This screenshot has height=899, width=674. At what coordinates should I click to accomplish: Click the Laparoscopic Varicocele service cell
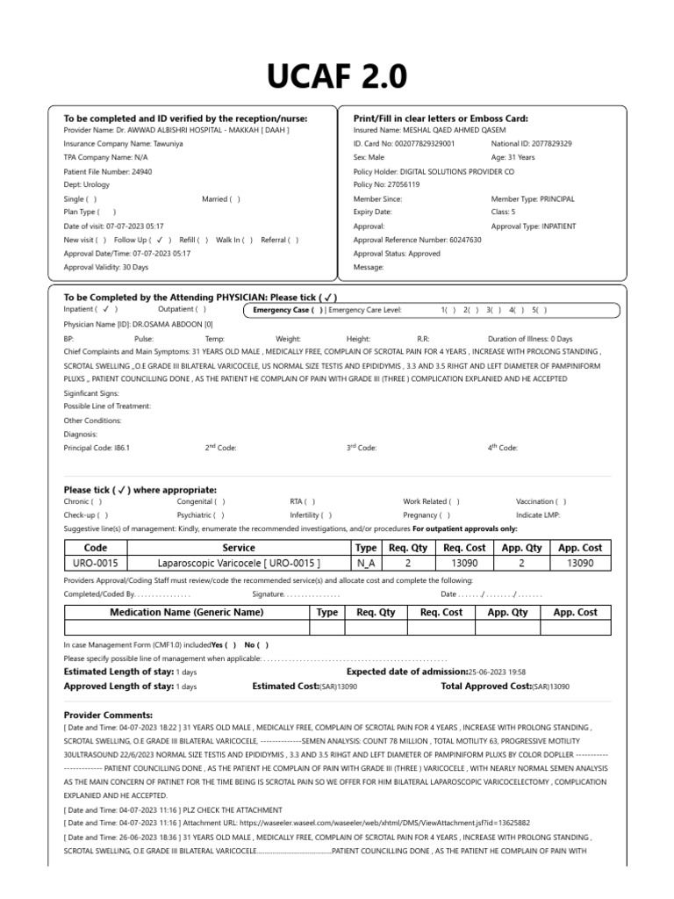[239, 564]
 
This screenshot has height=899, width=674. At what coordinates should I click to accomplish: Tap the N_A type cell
[366, 564]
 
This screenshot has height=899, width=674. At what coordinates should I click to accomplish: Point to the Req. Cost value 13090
[465, 564]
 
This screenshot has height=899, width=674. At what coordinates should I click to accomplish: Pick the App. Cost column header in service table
[580, 548]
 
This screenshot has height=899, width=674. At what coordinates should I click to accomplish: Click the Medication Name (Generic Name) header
[186, 612]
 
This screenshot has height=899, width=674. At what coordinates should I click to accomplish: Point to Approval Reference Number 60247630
[464, 240]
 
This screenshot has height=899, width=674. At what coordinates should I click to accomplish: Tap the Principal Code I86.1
[122, 448]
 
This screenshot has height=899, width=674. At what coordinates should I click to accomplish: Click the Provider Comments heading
[108, 716]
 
